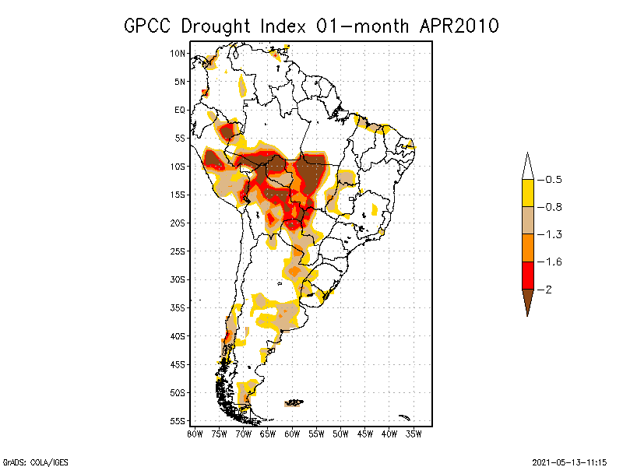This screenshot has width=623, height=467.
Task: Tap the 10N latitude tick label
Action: (178, 53)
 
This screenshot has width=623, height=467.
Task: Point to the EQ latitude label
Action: (180, 110)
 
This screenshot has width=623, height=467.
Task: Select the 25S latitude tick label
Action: (178, 251)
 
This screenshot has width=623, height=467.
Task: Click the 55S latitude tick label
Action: (178, 420)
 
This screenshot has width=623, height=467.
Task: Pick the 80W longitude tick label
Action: (195, 433)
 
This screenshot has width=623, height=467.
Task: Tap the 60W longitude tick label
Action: (292, 433)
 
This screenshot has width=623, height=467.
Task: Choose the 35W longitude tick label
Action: (414, 433)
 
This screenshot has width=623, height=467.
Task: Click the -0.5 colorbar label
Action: (551, 180)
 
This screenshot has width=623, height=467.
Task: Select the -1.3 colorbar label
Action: (551, 234)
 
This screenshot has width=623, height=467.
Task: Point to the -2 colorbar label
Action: (547, 289)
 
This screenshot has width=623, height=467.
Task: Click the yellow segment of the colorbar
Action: (527, 193)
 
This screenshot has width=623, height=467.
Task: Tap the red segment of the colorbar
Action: (527, 275)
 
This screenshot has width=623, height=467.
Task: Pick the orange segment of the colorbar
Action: (527, 248)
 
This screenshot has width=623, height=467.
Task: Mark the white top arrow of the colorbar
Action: (527, 167)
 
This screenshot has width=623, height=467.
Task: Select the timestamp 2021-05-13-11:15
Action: (569, 461)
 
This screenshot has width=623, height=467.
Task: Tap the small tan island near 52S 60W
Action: (294, 402)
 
